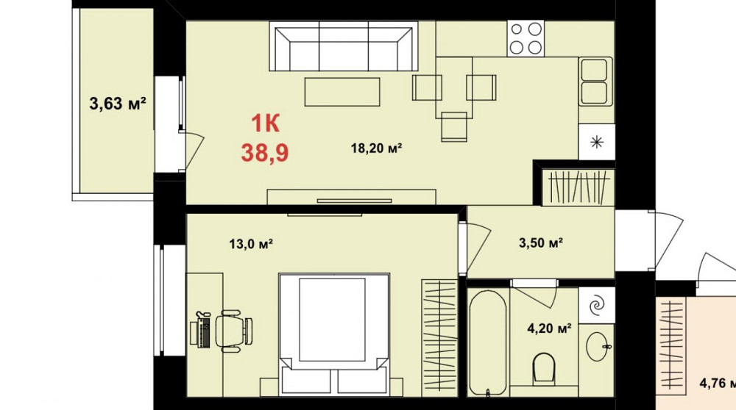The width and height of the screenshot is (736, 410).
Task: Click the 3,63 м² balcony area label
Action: click(117, 104)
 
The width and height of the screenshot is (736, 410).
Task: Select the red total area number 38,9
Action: click(264, 153)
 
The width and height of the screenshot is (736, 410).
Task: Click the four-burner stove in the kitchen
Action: click(526, 38)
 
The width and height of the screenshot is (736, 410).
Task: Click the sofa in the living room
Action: click(342, 48)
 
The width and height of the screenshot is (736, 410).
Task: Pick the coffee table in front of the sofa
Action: click(343, 92)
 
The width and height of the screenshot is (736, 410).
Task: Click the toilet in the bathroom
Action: click(545, 368)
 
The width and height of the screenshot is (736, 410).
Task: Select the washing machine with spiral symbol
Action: click(597, 302)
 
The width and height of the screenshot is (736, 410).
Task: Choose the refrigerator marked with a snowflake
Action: click(596, 141)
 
